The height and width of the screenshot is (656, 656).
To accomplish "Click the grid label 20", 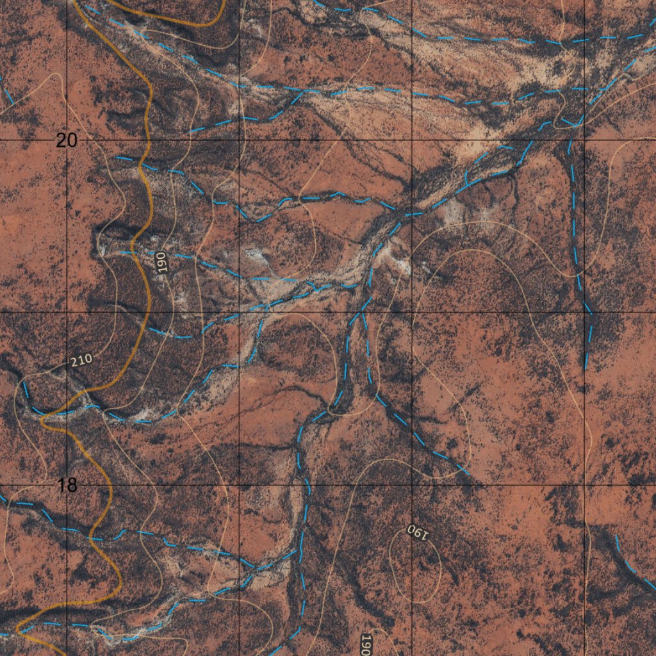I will (67, 140).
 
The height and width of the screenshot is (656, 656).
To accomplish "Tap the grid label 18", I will (67, 485).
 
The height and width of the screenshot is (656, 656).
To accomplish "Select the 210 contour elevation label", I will (81, 361).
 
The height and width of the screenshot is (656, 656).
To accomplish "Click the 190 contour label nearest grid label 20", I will (161, 263).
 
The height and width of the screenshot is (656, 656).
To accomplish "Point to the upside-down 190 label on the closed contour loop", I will (416, 531).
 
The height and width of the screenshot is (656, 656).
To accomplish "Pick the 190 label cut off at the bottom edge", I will (366, 644).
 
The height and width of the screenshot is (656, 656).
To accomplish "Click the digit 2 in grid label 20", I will (61, 140).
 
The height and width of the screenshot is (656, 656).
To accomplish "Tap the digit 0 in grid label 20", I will (71, 140).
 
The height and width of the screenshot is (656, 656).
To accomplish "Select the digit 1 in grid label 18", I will (61, 485).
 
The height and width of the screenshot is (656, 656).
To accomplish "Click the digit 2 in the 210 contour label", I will (75, 363).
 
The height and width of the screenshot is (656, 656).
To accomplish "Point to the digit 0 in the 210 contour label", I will (88, 359).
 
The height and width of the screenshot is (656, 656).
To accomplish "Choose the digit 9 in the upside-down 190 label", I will (416, 531).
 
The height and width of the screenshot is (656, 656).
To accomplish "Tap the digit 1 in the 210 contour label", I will (81, 361).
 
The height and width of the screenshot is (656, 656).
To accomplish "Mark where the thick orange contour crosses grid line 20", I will (147, 140).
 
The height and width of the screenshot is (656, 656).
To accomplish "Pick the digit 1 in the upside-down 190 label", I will (422, 534).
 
